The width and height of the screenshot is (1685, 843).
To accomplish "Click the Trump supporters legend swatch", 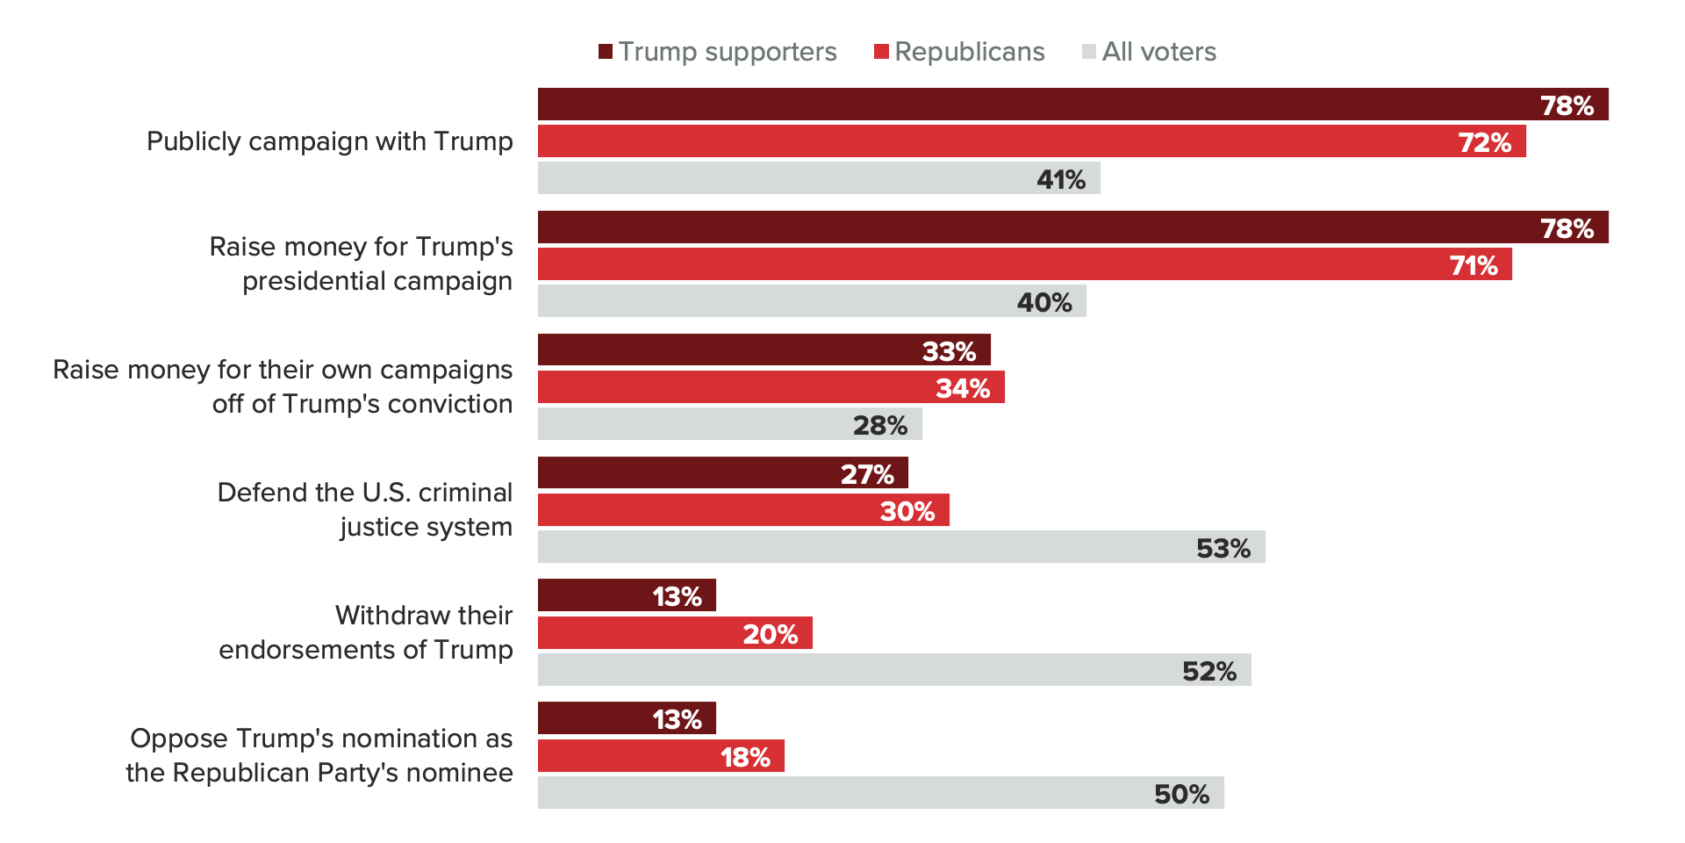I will tap(606, 52).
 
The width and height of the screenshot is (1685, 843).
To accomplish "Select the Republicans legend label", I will tap(969, 52).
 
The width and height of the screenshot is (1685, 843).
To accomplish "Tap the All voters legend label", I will tap(1158, 52).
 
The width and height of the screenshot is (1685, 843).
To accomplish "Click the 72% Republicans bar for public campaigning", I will tap(1031, 141).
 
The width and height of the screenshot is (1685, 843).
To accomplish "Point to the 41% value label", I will tap(1060, 179).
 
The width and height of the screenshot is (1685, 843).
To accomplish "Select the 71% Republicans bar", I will tap(1024, 264).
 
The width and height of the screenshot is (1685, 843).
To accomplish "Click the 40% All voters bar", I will tap(812, 301).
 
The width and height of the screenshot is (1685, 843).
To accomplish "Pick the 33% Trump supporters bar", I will tap(764, 349).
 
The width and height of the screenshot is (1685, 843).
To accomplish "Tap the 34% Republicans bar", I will tap(771, 387).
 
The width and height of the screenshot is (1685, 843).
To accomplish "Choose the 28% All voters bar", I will tap(729, 424).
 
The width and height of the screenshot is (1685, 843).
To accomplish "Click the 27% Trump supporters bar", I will tap(722, 472).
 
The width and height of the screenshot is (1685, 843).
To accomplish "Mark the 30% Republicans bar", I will tap(743, 510).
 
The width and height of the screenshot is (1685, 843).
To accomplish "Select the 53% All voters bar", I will tap(901, 547).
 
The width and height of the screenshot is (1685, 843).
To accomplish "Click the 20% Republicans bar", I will tap(675, 633).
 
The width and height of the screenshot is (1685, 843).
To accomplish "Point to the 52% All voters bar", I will tap(894, 670).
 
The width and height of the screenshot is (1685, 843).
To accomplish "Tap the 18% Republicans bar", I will tap(661, 756).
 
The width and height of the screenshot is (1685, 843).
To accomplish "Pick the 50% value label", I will tap(1181, 794).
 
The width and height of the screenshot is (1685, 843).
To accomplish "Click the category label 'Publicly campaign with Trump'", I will tap(329, 141).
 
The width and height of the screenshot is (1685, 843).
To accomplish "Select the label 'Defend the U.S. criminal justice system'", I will tap(364, 509).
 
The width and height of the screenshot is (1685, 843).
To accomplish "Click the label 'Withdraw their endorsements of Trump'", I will tap(365, 632).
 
